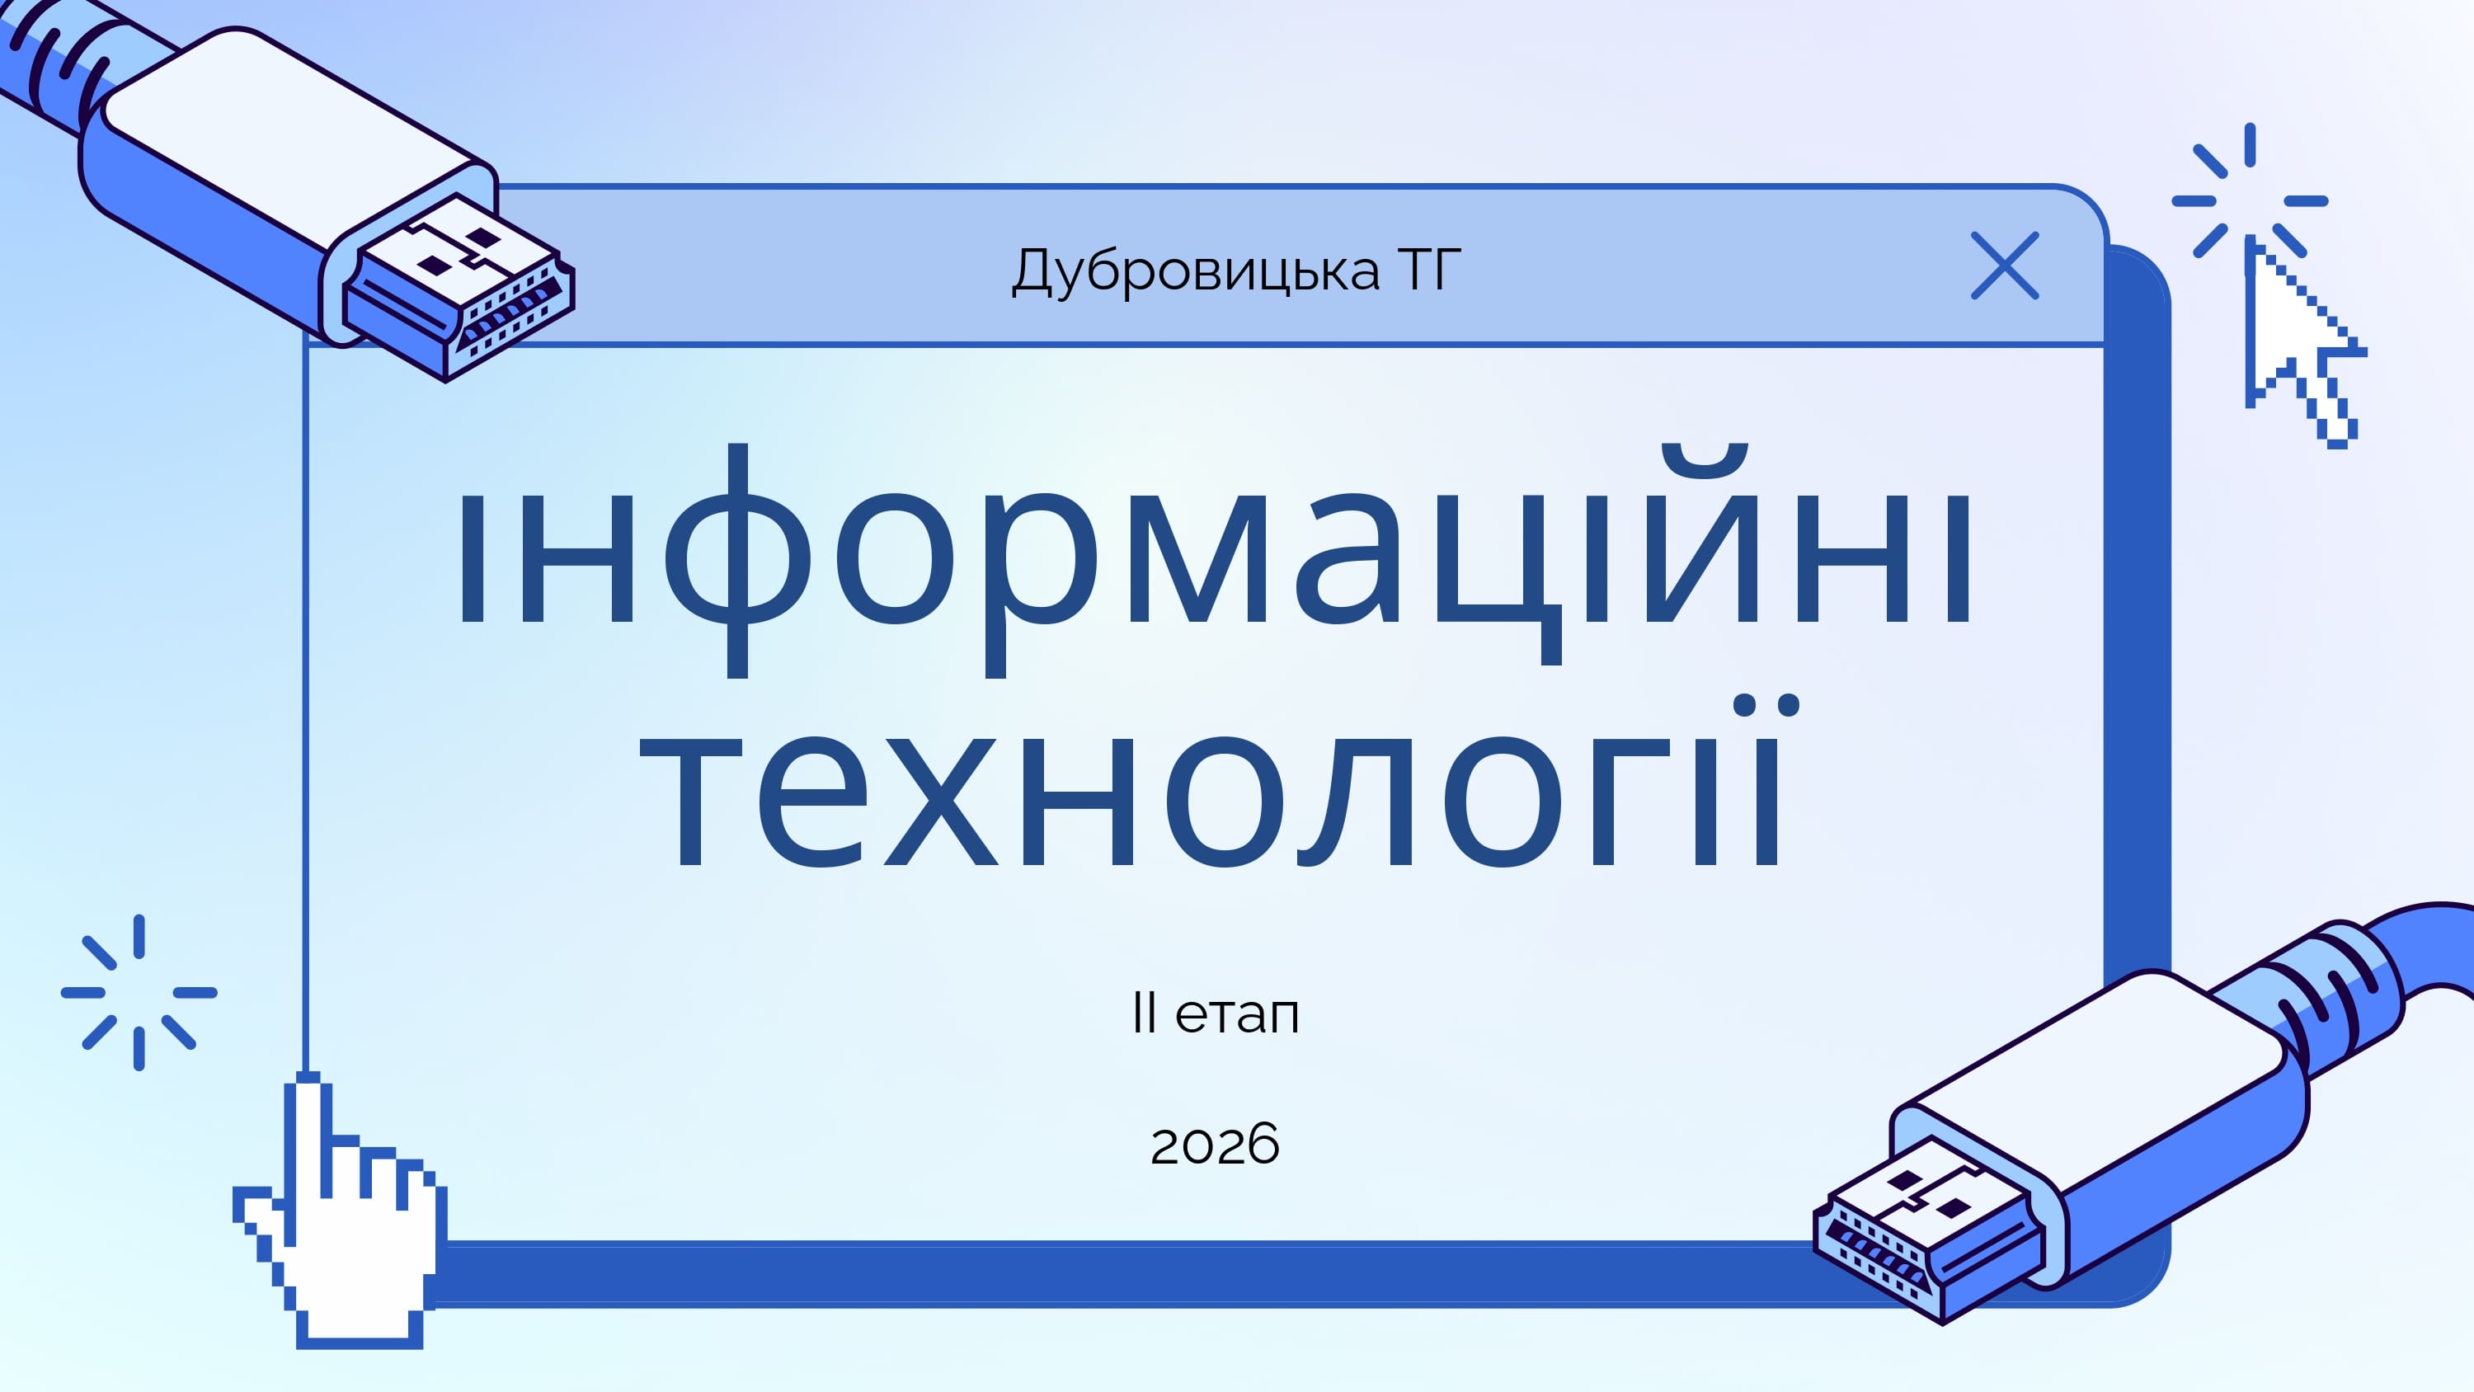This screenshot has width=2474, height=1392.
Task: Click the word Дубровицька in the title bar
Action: coord(1195,271)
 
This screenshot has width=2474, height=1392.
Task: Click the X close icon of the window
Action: coord(2005,266)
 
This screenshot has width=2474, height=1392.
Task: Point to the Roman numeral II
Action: coord(1144,1013)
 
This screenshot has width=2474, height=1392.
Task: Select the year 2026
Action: coord(1215,1144)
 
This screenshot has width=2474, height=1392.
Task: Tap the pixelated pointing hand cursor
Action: coord(340,1212)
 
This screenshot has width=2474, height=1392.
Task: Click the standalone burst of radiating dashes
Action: coord(139,992)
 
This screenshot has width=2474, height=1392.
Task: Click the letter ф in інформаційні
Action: coord(736,560)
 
